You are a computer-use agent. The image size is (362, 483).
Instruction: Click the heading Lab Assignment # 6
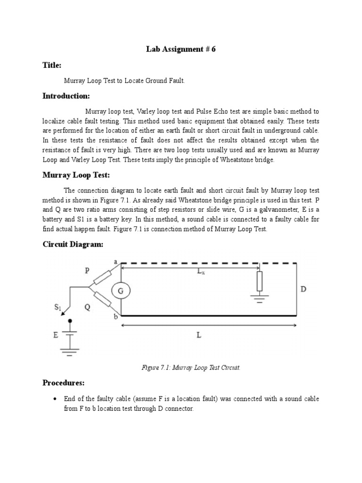181,50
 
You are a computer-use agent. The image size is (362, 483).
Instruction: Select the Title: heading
52,65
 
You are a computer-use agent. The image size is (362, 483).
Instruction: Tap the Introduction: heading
66,96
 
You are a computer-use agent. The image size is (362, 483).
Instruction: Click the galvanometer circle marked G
121,291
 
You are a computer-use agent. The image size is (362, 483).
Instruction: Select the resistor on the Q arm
102,299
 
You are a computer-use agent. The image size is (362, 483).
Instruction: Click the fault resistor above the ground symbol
259,282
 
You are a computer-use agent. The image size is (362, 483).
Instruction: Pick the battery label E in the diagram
56,335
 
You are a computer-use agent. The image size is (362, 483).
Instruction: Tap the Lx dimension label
201,271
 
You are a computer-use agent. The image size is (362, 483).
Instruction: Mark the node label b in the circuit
115,317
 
